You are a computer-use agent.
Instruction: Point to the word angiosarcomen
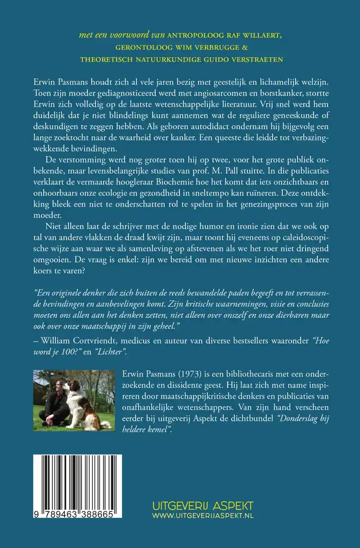[x=175, y=94]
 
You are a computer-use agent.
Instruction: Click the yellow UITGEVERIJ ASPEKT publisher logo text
[x=202, y=505]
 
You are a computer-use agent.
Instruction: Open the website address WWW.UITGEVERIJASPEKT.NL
[x=202, y=516]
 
